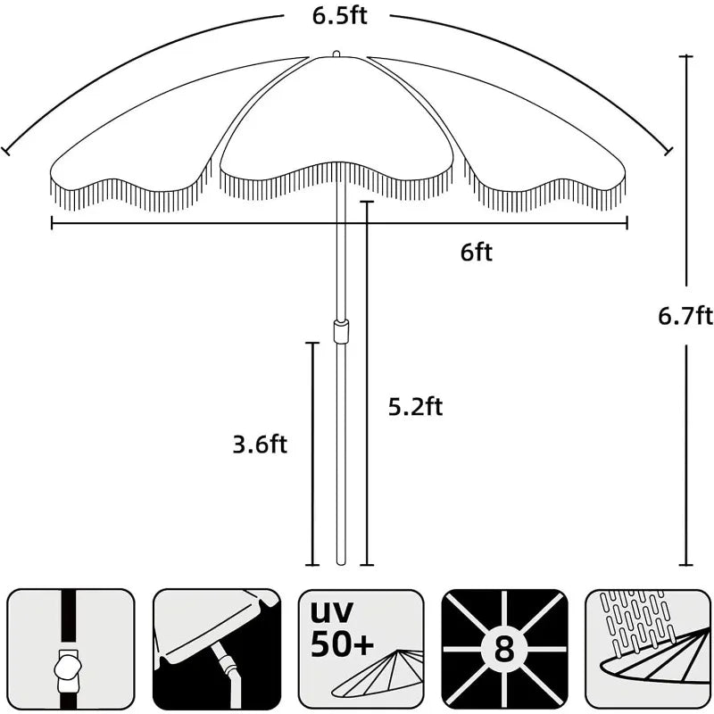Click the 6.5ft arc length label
(x=340, y=16)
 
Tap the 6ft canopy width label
(x=477, y=253)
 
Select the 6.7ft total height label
(x=685, y=316)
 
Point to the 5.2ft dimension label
(x=415, y=407)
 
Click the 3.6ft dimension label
(x=260, y=444)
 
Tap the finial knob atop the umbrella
(x=336, y=54)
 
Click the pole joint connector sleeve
(x=341, y=330)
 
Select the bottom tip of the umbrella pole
(x=341, y=564)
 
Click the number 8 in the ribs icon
(x=504, y=649)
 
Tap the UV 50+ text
(x=342, y=629)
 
